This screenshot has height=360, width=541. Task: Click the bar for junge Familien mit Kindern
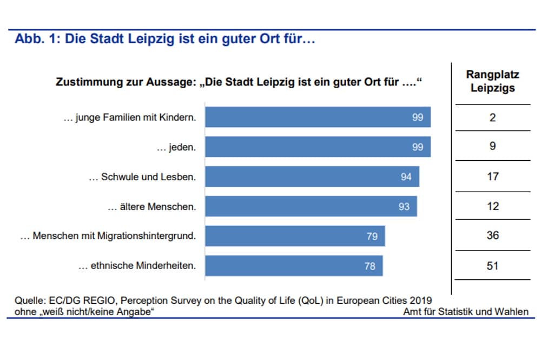click(318, 117)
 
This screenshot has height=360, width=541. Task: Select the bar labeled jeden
click(318, 147)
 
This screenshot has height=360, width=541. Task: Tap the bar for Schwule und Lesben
click(312, 176)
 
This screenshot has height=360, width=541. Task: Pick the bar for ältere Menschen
click(311, 206)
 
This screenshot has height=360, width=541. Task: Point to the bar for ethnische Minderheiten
click(294, 266)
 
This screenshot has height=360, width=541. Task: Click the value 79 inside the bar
click(372, 236)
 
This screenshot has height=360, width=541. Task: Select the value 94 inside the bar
click(406, 176)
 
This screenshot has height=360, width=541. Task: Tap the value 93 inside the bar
click(404, 206)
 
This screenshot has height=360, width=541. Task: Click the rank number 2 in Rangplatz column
click(492, 117)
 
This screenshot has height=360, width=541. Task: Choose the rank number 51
click(492, 266)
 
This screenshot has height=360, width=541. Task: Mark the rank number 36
click(492, 235)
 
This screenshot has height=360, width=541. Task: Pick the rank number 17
click(492, 176)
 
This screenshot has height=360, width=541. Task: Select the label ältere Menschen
click(151, 206)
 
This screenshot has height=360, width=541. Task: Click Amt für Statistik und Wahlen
click(465, 311)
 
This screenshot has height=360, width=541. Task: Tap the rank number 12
click(492, 206)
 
